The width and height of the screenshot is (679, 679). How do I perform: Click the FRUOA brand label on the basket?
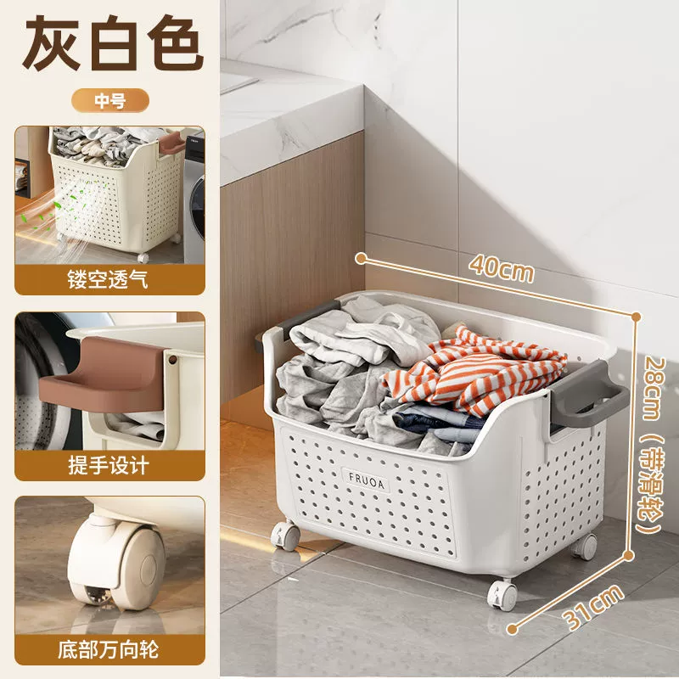[x=367, y=480]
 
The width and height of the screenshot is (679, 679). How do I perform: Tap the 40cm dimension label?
[x=502, y=269]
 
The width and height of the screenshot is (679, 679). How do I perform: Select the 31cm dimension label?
[x=594, y=606]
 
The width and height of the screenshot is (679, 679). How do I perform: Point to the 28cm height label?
[x=651, y=388]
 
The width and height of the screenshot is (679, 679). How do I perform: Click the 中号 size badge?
[x=110, y=100]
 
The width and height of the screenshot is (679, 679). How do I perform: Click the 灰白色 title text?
[x=112, y=42]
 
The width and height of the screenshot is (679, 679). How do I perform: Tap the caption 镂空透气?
[x=108, y=279]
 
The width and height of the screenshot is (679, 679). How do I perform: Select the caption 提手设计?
[x=109, y=465]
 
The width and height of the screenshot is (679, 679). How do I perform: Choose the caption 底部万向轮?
[x=109, y=650]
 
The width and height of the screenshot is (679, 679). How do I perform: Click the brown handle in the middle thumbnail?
[x=102, y=374]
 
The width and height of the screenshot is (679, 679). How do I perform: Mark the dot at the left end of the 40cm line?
[x=361, y=259]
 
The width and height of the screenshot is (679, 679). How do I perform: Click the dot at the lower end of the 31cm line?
[x=513, y=629]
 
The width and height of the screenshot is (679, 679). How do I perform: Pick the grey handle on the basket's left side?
[x=299, y=318]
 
